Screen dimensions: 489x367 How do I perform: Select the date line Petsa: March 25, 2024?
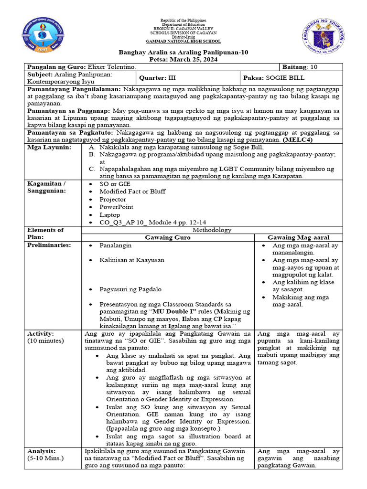click(183, 60)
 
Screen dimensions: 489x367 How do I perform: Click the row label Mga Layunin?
click(50, 148)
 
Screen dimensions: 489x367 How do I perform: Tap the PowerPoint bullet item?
click(116, 207)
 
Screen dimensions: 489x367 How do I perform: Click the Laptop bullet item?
click(110, 215)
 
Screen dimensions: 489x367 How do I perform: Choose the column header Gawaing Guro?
click(168, 237)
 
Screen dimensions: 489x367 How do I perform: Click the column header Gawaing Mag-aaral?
click(299, 237)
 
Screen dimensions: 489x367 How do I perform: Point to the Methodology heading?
click(212, 230)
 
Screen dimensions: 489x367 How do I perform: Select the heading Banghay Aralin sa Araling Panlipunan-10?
click(183, 52)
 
